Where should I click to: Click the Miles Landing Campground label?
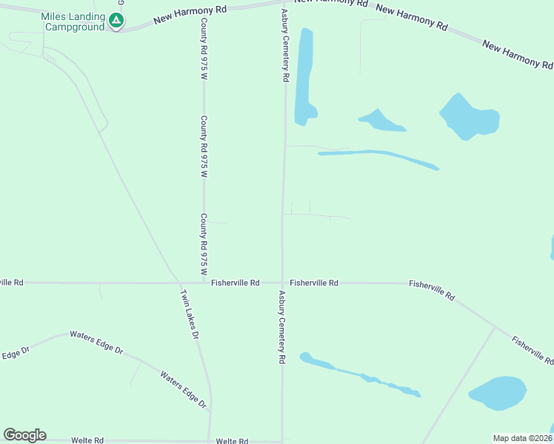[73, 21]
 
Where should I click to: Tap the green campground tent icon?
[116, 21]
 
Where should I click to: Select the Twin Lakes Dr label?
[190, 314]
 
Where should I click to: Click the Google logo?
[24, 435]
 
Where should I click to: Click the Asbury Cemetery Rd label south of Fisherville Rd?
[282, 326]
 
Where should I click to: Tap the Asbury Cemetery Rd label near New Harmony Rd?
[284, 45]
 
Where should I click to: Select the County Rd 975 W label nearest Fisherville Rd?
[203, 244]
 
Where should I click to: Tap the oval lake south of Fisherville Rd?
[496, 392]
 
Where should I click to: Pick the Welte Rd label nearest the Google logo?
[87, 440]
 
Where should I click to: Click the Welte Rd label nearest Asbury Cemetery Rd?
[232, 441]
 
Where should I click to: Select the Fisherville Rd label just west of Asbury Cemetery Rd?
[235, 283]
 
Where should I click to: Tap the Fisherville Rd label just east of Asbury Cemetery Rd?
[314, 283]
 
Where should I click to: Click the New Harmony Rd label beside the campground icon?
[190, 14]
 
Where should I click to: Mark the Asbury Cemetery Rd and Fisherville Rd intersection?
[282, 283]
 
